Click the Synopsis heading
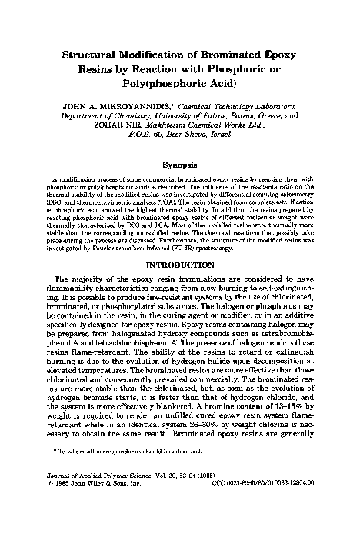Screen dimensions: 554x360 pos(180,164)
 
